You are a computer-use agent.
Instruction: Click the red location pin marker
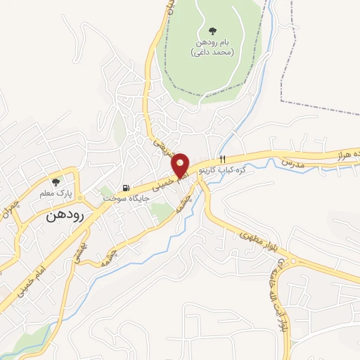pos(181,165)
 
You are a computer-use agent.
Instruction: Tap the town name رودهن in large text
pos(64,216)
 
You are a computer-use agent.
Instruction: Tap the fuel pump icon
pos(126,188)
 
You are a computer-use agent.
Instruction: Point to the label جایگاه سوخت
pos(122,199)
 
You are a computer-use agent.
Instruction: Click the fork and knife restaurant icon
pos(223,159)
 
